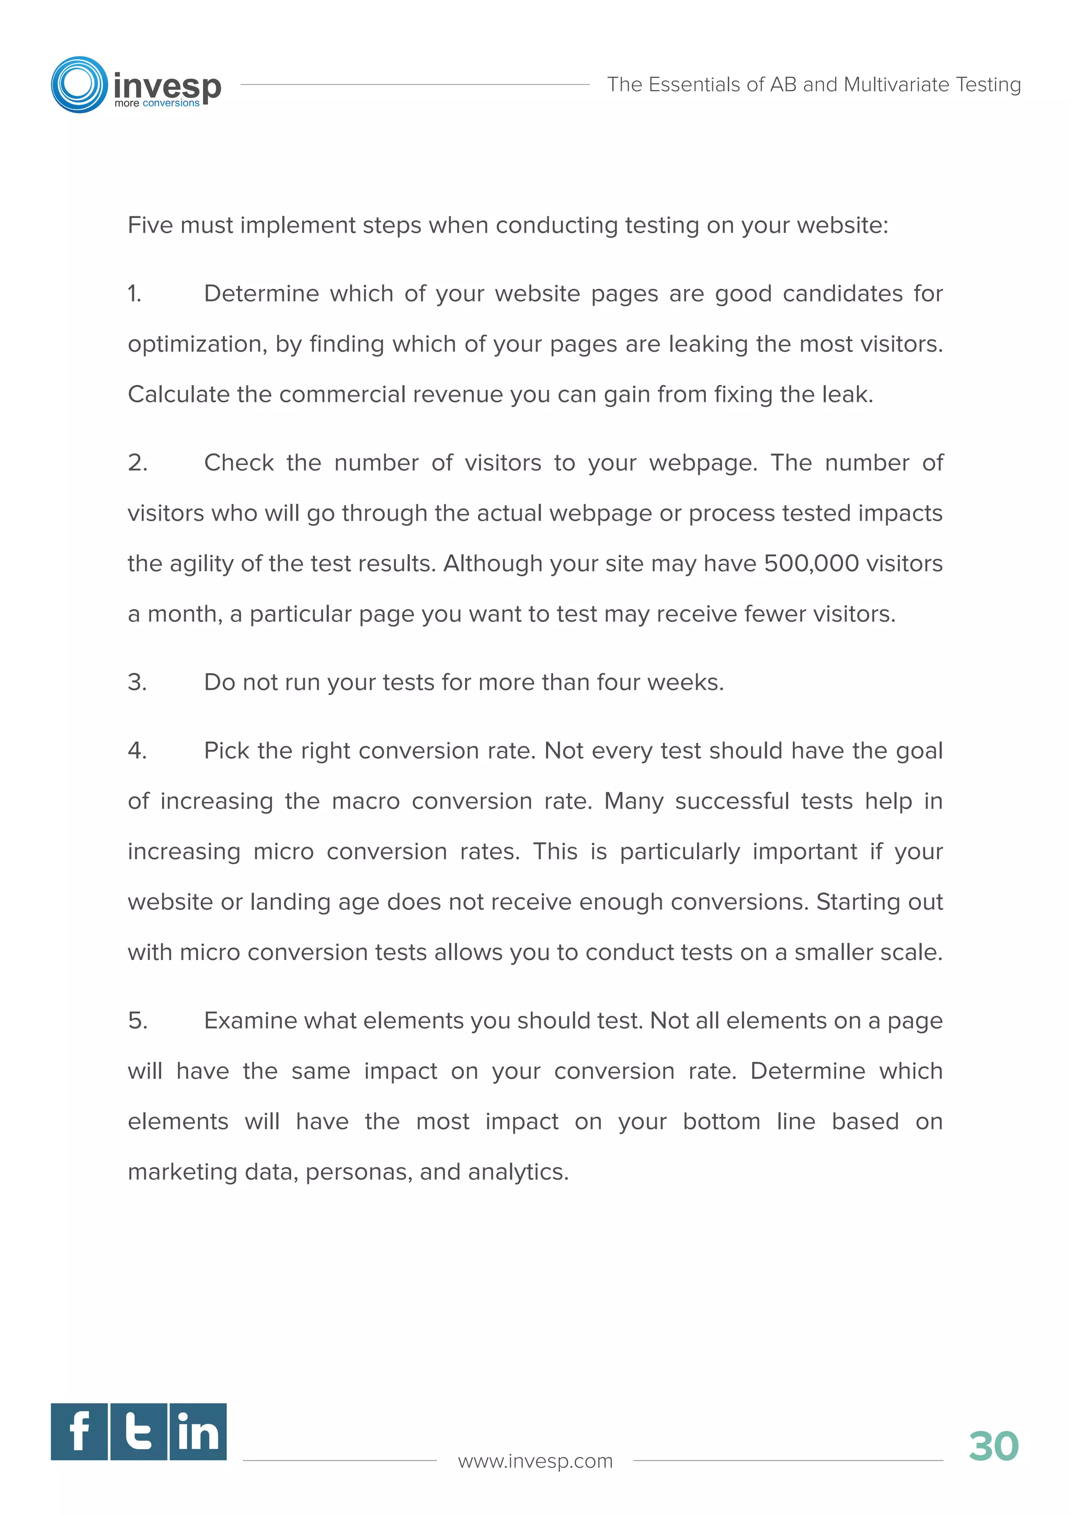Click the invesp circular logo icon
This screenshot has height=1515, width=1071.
click(x=79, y=84)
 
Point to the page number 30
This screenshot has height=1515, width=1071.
click(x=993, y=1446)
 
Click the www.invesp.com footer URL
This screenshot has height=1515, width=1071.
click(x=535, y=1461)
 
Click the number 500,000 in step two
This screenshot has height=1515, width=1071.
click(x=811, y=563)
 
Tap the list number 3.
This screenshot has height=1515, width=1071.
click(x=136, y=682)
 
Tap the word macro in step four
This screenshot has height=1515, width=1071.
click(x=366, y=801)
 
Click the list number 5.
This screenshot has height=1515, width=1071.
click(x=137, y=1021)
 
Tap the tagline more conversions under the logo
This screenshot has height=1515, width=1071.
click(x=156, y=104)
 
